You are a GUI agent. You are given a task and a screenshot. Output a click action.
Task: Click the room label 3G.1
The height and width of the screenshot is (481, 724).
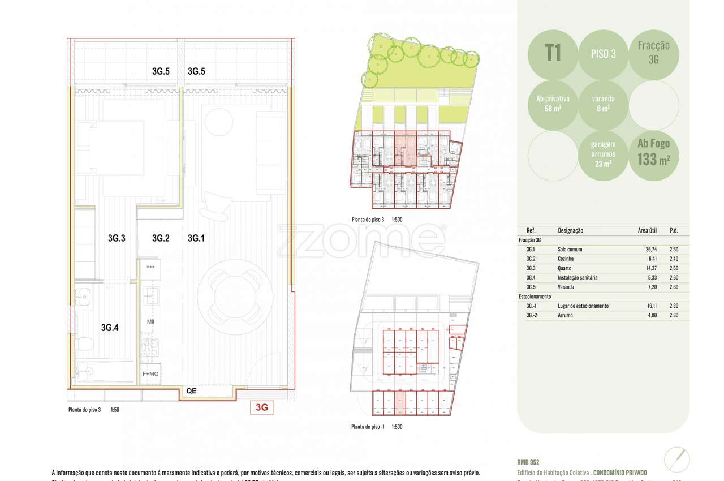point(196,238)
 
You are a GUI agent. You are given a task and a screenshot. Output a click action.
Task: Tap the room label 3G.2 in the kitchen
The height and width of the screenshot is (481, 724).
point(161,238)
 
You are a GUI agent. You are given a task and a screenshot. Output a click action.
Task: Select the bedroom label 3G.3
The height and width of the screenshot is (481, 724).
point(116,238)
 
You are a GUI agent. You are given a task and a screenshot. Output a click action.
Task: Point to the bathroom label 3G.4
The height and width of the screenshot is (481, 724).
point(109,327)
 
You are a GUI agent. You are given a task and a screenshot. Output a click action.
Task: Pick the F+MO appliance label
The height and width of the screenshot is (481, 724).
point(150,374)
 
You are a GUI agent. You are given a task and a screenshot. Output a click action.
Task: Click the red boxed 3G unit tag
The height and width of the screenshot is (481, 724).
point(262,407)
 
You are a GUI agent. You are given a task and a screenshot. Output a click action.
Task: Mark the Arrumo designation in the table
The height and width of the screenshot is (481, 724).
point(566,315)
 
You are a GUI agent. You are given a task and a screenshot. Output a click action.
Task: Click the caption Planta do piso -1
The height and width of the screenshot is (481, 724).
point(368,427)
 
